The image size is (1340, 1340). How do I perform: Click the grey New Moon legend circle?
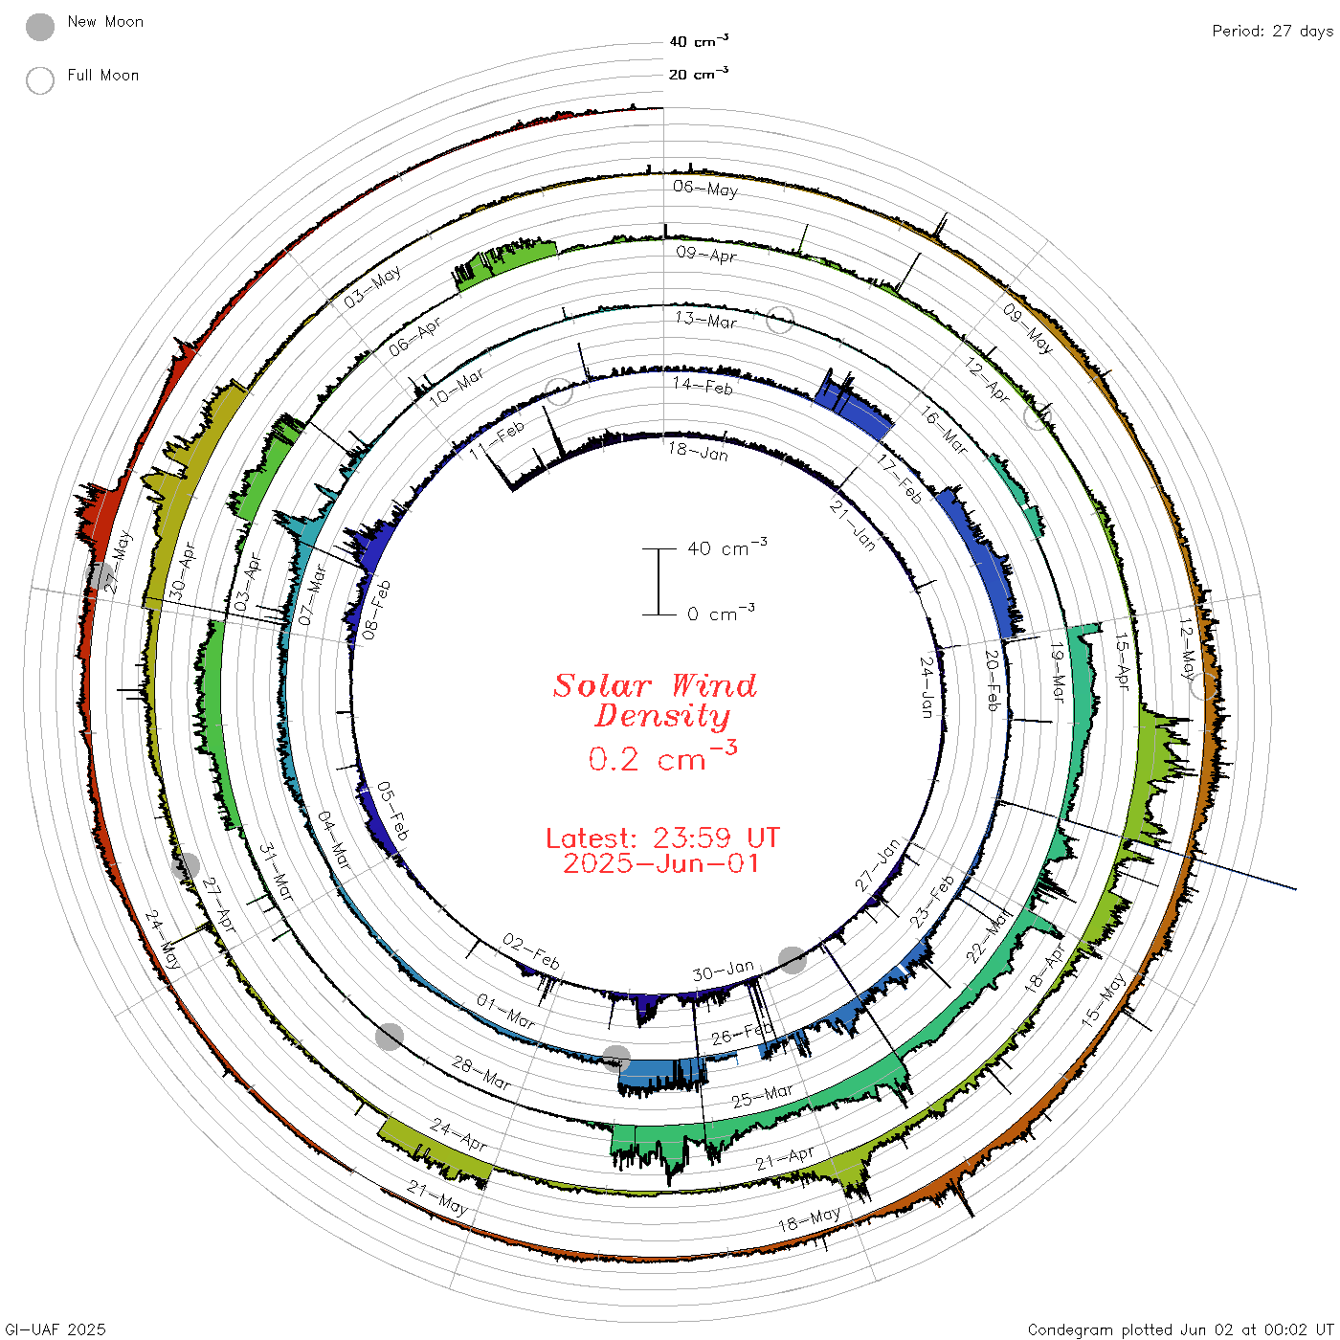40,27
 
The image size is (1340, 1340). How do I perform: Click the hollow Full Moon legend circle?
40,80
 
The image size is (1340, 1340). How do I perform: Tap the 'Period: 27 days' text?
1272,32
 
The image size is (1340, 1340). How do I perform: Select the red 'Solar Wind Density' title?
655,701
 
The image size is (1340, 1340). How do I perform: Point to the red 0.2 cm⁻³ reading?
662,756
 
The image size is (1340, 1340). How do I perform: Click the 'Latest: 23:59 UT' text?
662,837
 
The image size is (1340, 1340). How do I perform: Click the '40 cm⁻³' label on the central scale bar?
727,547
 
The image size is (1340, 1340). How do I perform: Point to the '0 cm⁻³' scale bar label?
721,613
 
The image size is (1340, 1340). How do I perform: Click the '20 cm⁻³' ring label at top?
699,73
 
